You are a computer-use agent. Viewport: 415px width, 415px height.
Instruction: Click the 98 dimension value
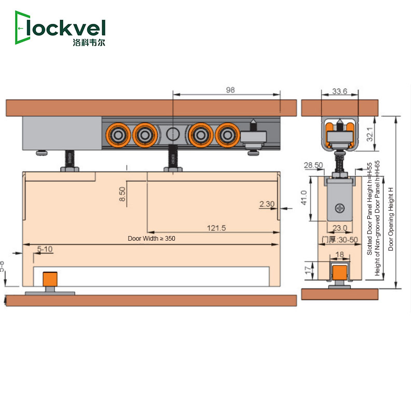click(x=230, y=90)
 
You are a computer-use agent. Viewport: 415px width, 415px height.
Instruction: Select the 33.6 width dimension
click(x=340, y=91)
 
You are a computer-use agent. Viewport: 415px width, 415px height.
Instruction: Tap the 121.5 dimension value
click(x=216, y=227)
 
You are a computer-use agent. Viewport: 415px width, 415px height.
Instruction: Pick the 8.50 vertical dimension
click(x=122, y=193)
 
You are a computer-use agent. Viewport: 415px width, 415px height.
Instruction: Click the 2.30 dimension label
click(x=267, y=204)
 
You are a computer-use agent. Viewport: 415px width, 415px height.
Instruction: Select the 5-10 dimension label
click(x=44, y=249)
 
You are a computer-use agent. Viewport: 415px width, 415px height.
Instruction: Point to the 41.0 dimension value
click(x=305, y=198)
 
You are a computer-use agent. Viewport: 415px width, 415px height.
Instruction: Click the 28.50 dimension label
click(x=313, y=165)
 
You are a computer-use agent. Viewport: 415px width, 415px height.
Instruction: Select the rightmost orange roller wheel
click(x=226, y=135)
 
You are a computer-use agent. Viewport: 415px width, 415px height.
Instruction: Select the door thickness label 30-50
click(x=339, y=239)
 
